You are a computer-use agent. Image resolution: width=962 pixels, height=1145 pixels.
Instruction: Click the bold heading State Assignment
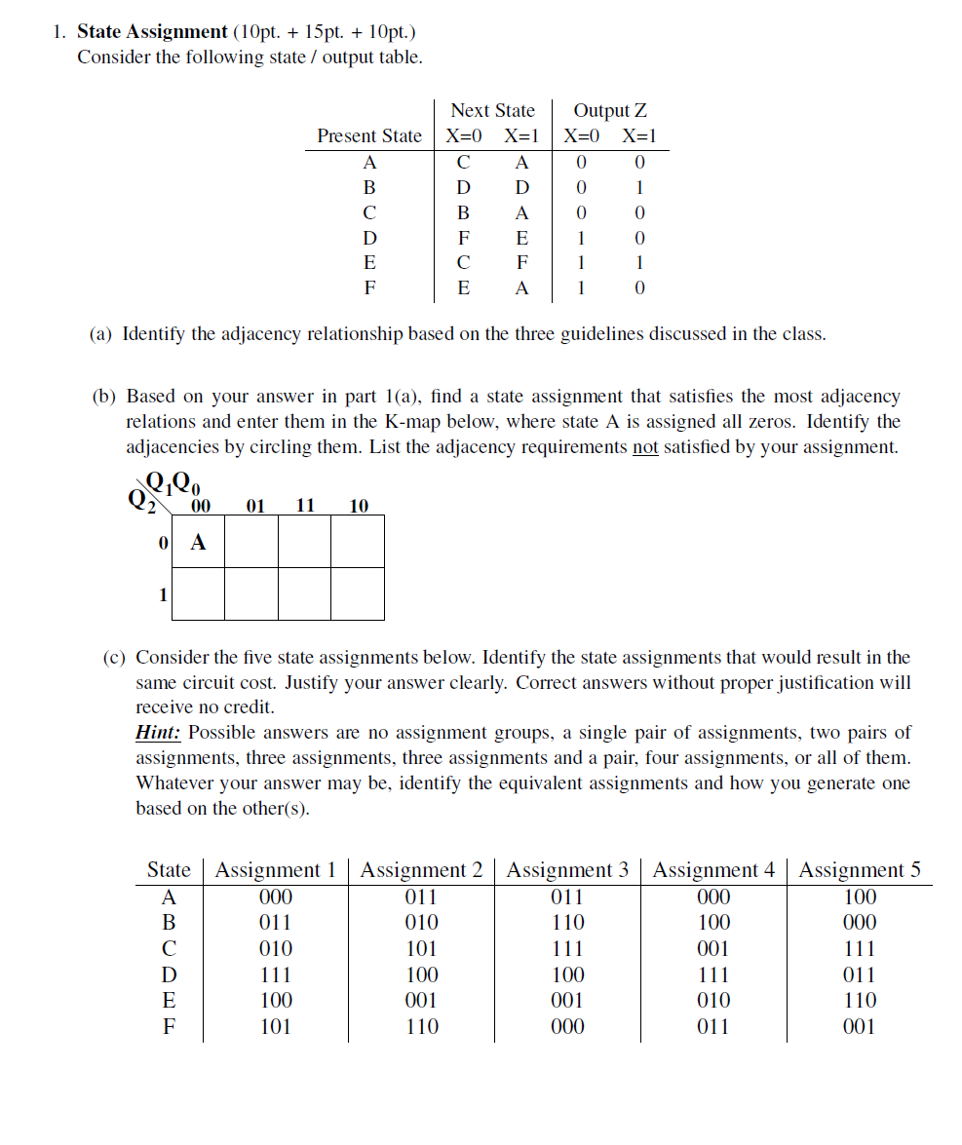point(152,31)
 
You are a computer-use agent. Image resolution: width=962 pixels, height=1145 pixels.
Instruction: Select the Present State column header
point(369,136)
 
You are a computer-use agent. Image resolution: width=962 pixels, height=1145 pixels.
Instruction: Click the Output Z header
point(610,111)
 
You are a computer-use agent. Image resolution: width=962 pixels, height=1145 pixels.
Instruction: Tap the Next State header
point(492,111)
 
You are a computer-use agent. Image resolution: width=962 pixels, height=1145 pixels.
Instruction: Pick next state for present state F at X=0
point(464,288)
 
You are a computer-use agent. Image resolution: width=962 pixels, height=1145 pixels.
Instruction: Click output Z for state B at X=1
point(639,187)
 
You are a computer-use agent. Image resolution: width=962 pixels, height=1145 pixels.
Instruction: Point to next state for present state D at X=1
point(521,238)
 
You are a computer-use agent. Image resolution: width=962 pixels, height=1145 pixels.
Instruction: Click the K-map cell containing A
point(198,543)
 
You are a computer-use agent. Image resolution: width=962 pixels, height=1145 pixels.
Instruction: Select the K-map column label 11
point(305,506)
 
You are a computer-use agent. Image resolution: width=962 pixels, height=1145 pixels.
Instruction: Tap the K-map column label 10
point(358,506)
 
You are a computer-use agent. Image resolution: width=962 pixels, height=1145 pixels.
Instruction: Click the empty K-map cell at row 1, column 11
point(305,593)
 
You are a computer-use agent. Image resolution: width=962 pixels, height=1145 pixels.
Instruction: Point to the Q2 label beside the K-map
point(138,499)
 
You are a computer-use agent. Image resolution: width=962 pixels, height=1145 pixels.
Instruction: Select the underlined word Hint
point(159,733)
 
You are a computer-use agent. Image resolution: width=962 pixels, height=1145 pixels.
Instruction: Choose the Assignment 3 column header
point(567,870)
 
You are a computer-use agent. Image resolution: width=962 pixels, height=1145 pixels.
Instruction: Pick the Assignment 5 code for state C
point(859,948)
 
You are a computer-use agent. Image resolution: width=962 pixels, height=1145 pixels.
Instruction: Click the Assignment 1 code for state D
point(275,974)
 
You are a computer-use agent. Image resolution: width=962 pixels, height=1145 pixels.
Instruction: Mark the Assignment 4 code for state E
point(713,1000)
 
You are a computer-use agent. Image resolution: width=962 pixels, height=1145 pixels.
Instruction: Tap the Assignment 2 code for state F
point(421,1026)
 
